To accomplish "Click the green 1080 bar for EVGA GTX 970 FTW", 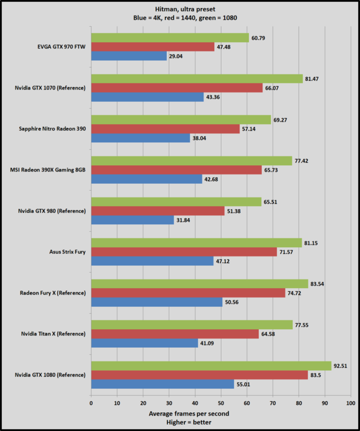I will click(x=169, y=37).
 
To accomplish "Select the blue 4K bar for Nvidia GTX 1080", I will click(x=162, y=384).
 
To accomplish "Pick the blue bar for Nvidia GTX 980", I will click(x=132, y=220).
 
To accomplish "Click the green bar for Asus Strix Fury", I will click(x=196, y=242).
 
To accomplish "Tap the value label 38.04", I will click(x=201, y=138).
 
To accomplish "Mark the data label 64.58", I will click(x=270, y=333).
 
